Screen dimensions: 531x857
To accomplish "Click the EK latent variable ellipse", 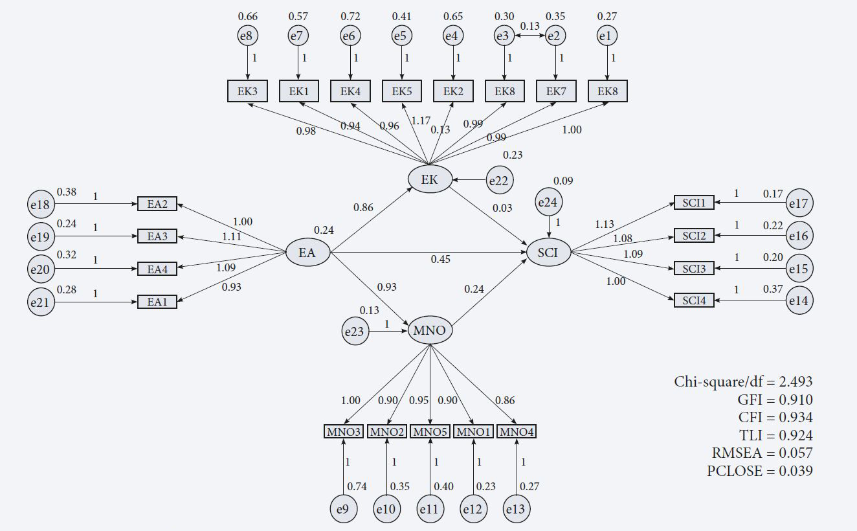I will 430,179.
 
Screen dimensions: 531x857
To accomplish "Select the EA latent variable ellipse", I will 308,253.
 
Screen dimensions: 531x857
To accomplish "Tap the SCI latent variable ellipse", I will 549,252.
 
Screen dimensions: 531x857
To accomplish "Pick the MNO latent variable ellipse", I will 430,331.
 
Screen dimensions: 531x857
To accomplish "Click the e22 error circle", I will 498,181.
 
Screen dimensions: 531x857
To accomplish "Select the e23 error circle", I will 354,332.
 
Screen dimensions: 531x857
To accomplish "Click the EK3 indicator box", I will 247,91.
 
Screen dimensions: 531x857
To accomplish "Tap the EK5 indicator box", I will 402,91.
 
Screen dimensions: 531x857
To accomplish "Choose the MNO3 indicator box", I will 343,431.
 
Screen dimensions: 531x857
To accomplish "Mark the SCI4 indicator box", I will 694,300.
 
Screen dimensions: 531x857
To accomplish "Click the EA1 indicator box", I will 157,301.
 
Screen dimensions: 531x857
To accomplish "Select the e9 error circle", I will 343,510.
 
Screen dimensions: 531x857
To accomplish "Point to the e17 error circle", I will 799,204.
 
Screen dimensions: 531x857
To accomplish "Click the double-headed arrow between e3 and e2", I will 529,37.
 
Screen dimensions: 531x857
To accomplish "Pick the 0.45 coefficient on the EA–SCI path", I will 441,260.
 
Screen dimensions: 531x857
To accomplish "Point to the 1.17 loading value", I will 421,120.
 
